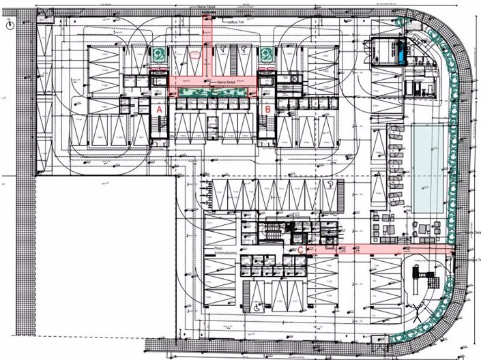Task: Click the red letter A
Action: [159, 108]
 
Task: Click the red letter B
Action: [268, 108]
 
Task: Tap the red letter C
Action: [301, 250]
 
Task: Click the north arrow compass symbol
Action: [9, 25]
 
